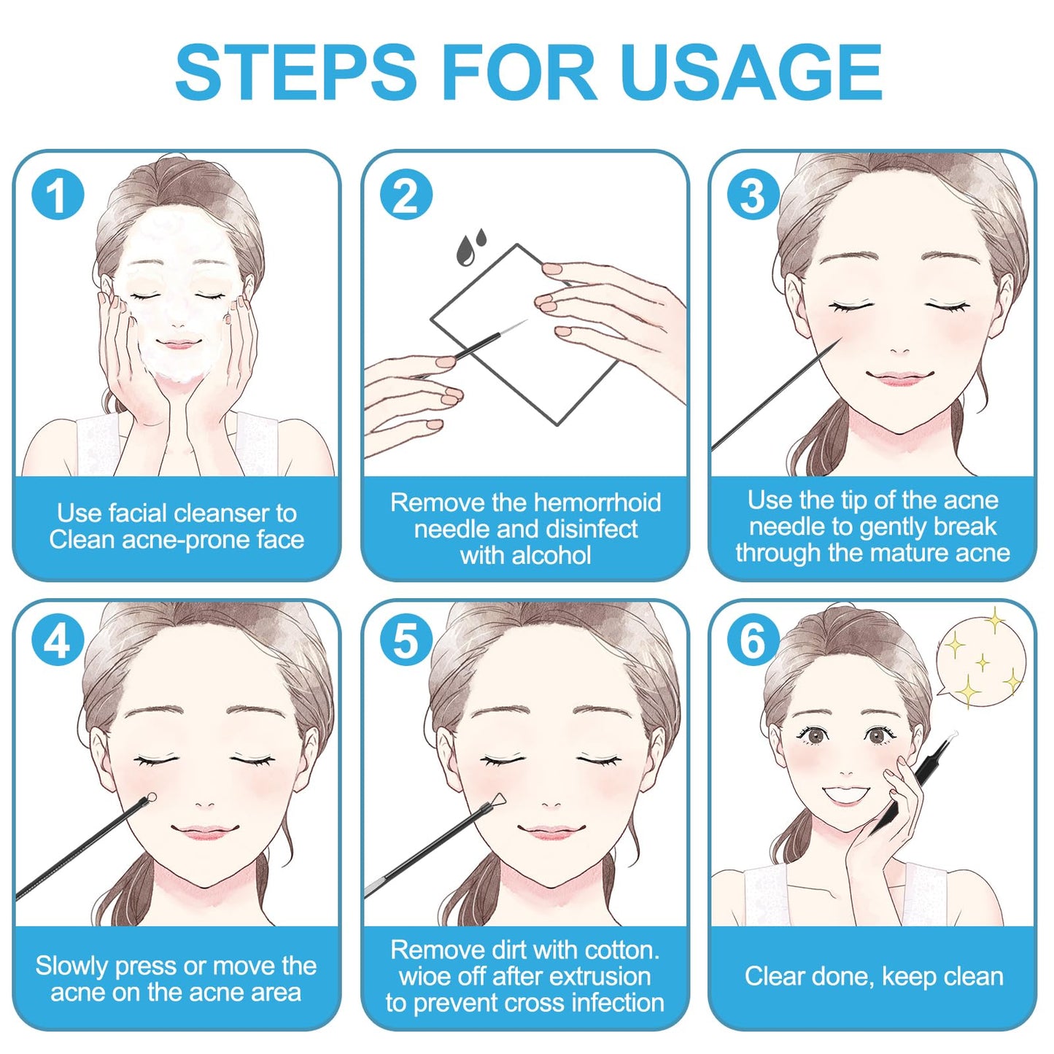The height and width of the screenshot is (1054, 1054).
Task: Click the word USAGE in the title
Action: click(x=751, y=72)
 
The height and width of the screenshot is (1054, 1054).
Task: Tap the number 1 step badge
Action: click(x=58, y=194)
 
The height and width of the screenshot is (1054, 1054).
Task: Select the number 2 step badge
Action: click(x=406, y=194)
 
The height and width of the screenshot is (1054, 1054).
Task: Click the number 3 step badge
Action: click(x=753, y=194)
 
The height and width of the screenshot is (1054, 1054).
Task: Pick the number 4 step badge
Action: click(x=58, y=640)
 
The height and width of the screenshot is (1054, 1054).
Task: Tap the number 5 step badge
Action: click(x=406, y=640)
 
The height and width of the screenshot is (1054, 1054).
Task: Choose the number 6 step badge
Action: click(x=753, y=640)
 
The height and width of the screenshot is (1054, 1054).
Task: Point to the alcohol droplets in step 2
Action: click(x=471, y=246)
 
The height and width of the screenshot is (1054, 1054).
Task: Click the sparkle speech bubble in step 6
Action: click(x=980, y=660)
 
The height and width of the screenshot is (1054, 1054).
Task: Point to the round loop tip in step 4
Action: click(x=151, y=797)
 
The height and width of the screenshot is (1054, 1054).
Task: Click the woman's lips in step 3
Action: click(x=900, y=377)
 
